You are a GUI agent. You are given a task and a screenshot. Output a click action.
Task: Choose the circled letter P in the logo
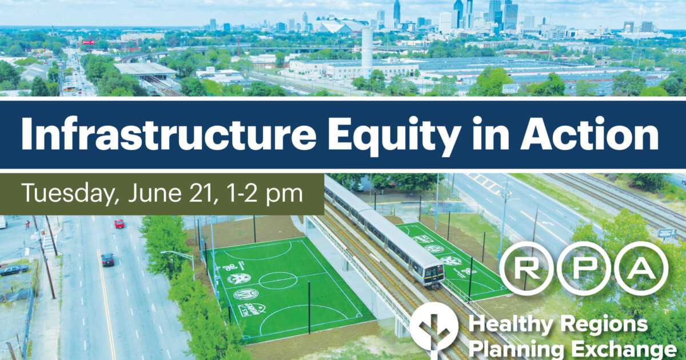coord(584,268)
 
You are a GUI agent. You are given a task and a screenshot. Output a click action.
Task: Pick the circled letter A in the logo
coord(641,268)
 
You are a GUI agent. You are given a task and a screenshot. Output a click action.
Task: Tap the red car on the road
coord(119,223)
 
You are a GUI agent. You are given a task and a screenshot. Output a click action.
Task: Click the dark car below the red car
coord(107,259)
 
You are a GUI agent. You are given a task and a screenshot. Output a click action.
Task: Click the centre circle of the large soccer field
coord(278,281)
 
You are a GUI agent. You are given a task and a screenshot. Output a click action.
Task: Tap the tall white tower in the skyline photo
coord(366,48)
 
